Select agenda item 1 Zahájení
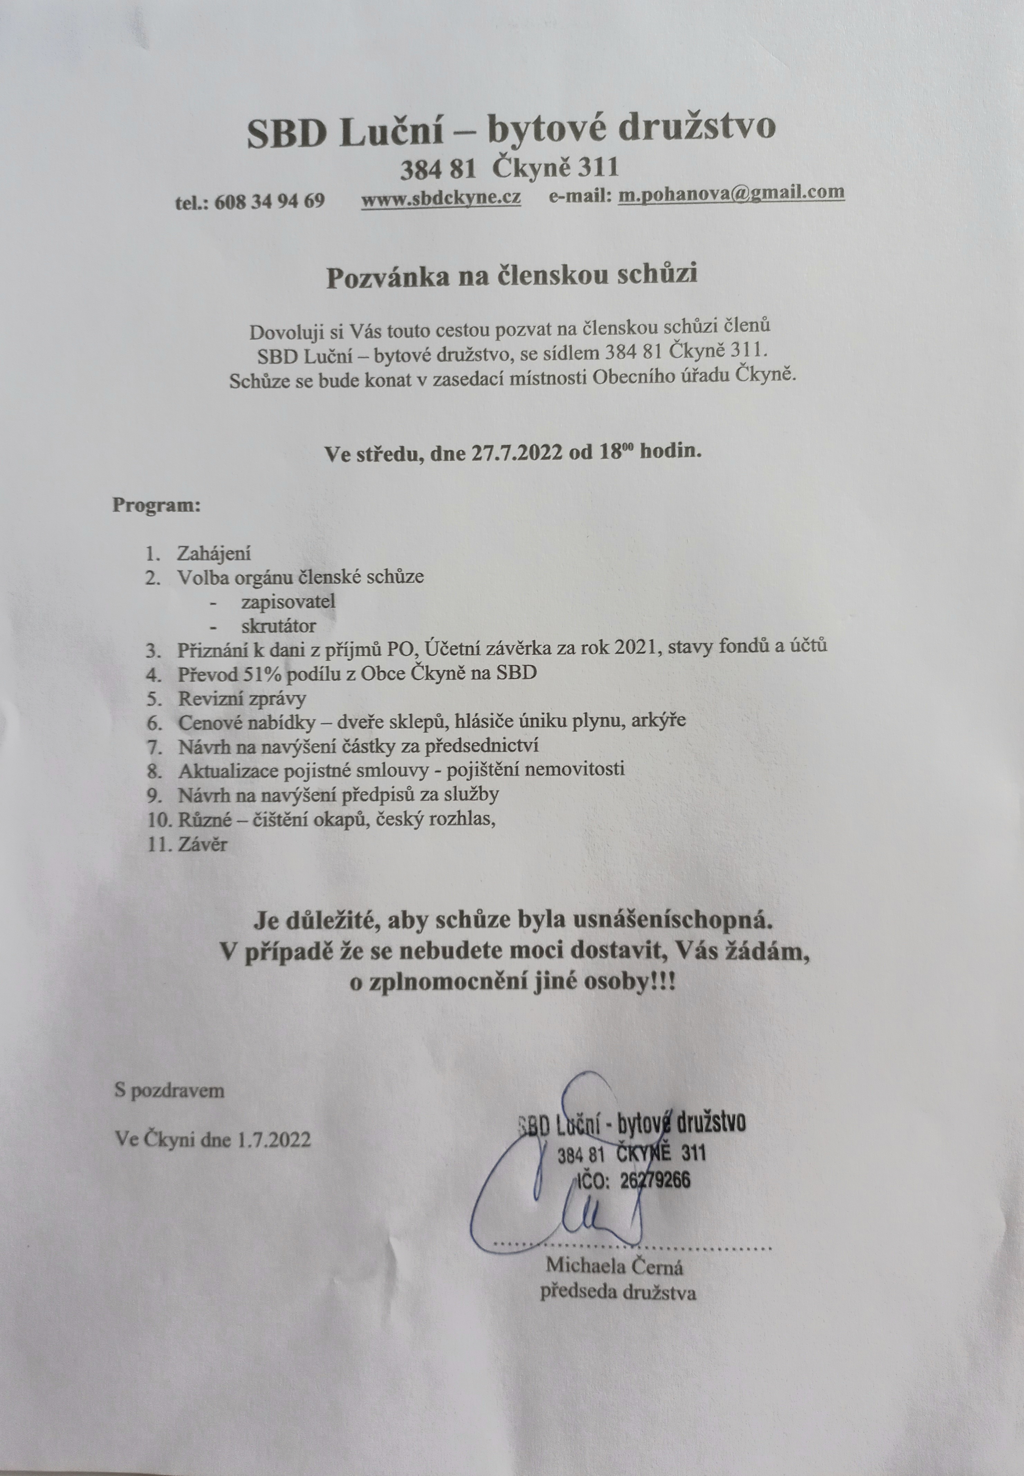click(214, 553)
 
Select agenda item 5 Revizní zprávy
click(242, 698)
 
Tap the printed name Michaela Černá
click(614, 1266)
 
